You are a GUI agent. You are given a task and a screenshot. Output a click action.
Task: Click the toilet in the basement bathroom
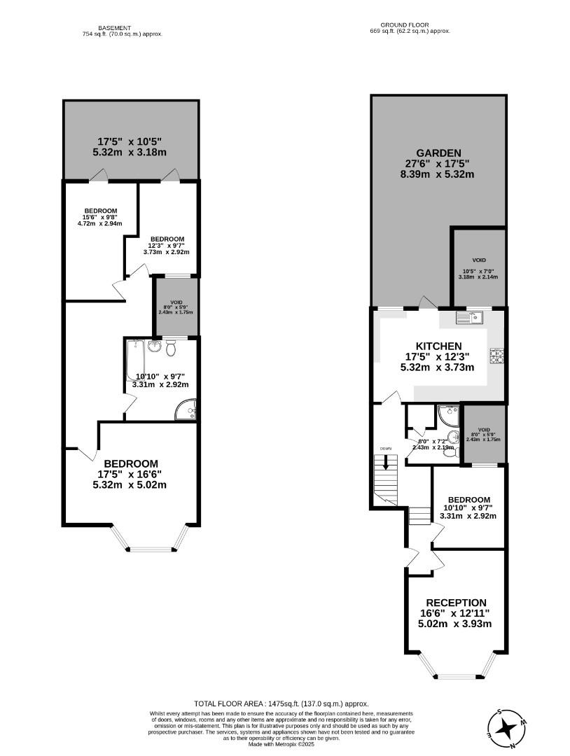pyautogui.click(x=172, y=348)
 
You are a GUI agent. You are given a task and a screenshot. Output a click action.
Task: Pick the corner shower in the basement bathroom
pyautogui.click(x=186, y=410)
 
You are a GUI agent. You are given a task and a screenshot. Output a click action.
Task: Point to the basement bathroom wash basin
pyautogui.click(x=155, y=346)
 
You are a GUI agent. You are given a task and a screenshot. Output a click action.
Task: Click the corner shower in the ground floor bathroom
pyautogui.click(x=446, y=416)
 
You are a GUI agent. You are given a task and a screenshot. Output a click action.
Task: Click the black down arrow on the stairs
pyautogui.click(x=384, y=463)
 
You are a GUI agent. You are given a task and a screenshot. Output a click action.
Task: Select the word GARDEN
pyautogui.click(x=438, y=153)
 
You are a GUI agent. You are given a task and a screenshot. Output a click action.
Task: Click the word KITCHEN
pyautogui.click(x=439, y=346)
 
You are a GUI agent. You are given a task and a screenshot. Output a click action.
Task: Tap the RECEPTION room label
pyautogui.click(x=457, y=603)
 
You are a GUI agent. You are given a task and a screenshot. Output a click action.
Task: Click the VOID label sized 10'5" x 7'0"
pyautogui.click(x=478, y=260)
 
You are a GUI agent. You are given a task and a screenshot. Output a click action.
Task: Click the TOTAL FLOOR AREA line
pyautogui.click(x=281, y=703)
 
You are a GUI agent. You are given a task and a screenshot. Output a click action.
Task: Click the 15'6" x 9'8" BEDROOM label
pyautogui.click(x=100, y=211)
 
